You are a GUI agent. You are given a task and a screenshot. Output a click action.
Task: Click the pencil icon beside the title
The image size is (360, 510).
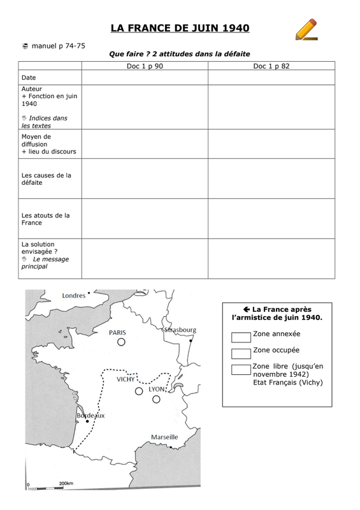(x=306, y=29)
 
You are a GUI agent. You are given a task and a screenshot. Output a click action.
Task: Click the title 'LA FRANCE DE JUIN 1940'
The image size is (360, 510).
(x=180, y=28)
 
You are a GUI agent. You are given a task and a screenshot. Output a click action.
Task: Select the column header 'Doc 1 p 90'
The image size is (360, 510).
(x=144, y=66)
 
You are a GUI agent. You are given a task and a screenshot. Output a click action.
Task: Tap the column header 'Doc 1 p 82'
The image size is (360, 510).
(x=271, y=66)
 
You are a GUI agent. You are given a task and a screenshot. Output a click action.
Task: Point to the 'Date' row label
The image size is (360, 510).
(x=29, y=77)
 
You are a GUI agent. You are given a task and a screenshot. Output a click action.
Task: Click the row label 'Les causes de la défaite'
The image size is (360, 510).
(x=47, y=178)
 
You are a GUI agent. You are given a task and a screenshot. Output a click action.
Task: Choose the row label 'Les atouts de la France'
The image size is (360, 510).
(x=45, y=219)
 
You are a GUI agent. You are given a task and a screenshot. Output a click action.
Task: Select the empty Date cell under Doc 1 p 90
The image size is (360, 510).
(x=144, y=77)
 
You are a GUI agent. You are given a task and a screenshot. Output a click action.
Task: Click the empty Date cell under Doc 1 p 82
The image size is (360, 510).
(x=271, y=77)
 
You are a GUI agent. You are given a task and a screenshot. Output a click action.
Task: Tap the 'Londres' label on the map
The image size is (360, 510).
(x=73, y=295)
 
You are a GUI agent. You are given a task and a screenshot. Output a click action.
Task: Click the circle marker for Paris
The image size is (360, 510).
(x=120, y=342)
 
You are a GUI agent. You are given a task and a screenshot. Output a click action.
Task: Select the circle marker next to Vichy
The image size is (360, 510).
(x=138, y=391)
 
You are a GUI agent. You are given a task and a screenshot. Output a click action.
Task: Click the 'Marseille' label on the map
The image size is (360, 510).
(x=164, y=437)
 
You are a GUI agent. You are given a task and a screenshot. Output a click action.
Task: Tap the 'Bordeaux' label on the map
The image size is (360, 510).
(x=90, y=414)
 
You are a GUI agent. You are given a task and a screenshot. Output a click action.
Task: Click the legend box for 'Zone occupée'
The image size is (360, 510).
(x=241, y=352)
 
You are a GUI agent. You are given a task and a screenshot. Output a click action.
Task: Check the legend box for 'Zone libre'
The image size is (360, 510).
(x=241, y=368)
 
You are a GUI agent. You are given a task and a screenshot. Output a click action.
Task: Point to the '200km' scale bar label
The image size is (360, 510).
(x=67, y=484)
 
